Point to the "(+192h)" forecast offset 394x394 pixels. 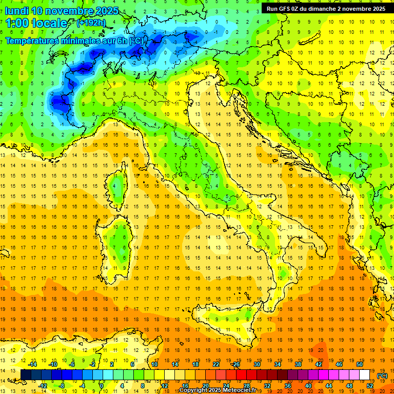[91, 23]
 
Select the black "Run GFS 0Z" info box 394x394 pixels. [324, 8]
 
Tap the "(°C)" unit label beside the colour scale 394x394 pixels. [382, 376]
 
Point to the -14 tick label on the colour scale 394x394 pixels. [32, 364]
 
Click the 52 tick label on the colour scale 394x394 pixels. [369, 386]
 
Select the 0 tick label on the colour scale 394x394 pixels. [102, 386]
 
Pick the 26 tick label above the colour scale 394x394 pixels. [236, 364]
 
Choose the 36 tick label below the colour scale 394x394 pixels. [287, 386]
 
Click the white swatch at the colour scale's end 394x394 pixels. [364, 375]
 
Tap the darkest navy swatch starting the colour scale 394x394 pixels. [26, 375]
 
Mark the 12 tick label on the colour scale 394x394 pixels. [164, 386]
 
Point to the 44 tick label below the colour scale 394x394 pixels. [328, 386]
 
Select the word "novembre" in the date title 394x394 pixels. [71, 11]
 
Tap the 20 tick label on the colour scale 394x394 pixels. [205, 386]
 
